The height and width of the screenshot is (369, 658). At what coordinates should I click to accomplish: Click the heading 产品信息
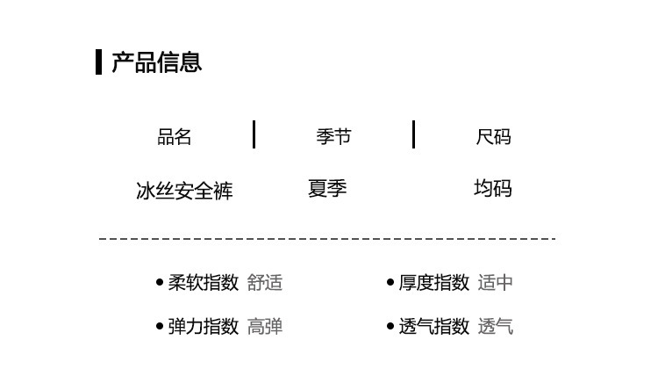coord(157,62)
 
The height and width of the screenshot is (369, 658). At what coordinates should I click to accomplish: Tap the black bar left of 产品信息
coord(99,62)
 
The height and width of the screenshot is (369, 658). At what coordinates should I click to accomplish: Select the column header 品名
coord(174,137)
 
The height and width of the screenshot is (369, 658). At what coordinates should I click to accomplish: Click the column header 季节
coord(333,137)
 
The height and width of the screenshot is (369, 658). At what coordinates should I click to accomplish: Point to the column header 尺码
coord(493,137)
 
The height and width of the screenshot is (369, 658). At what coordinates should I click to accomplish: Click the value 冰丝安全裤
coord(184,190)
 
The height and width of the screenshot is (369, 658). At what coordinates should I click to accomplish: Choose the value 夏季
coord(327,189)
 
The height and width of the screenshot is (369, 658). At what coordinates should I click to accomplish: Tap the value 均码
coord(493,189)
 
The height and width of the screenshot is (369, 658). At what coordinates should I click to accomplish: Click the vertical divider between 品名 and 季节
coord(254,134)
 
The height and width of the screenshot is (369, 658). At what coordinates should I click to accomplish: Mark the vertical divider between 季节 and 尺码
coord(413,134)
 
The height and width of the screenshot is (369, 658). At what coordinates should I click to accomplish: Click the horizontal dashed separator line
coord(326,238)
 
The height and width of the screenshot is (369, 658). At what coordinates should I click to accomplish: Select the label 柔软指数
coord(204,283)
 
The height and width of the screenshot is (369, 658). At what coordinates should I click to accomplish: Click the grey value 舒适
coord(265,283)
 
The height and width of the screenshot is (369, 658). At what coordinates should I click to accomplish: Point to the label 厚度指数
coord(434,283)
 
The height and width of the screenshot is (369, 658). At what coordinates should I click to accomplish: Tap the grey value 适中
coord(496,283)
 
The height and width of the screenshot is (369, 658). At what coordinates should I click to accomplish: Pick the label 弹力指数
coord(204,327)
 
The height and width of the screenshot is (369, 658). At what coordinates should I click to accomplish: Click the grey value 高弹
coord(265,327)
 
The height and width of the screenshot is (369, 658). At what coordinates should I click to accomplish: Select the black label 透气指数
coord(434,327)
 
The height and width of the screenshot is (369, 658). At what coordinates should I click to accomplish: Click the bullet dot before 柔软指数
coord(159,283)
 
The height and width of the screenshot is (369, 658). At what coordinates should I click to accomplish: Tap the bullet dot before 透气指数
coord(390,327)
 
